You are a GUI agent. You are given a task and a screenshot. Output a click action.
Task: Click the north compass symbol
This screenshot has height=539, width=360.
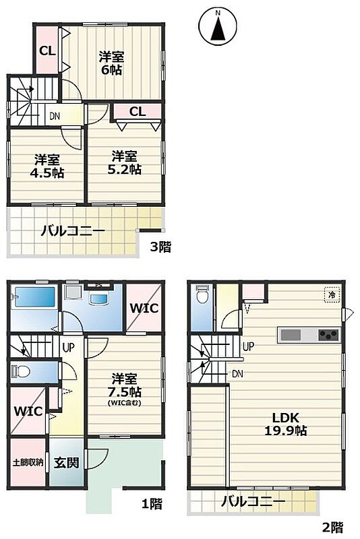[x=218, y=26]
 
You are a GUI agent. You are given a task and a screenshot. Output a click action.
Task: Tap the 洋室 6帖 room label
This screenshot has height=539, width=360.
[x=111, y=63]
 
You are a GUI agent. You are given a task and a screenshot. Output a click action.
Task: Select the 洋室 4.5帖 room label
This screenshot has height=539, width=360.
[x=47, y=166]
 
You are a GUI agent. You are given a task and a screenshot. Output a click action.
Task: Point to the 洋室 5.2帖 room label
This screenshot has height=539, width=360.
[x=124, y=162]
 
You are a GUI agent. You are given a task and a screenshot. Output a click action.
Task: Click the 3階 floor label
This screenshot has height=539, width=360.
[x=160, y=247]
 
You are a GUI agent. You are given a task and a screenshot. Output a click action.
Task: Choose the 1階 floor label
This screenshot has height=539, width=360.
[x=152, y=504]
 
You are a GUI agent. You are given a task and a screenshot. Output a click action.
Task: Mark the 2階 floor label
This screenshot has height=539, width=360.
[x=332, y=527]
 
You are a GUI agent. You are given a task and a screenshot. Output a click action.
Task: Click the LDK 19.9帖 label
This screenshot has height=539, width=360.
[x=285, y=424]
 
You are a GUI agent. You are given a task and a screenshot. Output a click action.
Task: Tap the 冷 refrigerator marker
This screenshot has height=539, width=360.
[x=332, y=294]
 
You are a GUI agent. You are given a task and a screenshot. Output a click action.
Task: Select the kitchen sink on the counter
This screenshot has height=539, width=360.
[x=291, y=334]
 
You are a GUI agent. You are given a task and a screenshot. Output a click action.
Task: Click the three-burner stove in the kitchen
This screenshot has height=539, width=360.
[x=328, y=334]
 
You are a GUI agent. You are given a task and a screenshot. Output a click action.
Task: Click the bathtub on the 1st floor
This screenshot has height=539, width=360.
[x=34, y=298]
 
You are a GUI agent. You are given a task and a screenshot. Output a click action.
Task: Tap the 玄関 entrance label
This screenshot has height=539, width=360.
[x=66, y=463]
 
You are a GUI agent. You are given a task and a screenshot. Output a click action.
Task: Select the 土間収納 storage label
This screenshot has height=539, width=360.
[x=28, y=462]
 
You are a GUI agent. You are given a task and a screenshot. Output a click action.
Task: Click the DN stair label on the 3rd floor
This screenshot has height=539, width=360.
[x=54, y=116]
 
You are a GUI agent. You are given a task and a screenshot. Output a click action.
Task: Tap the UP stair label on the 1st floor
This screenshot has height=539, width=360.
[x=68, y=348]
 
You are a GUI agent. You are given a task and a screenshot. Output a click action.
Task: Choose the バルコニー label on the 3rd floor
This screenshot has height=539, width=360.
[x=73, y=231]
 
